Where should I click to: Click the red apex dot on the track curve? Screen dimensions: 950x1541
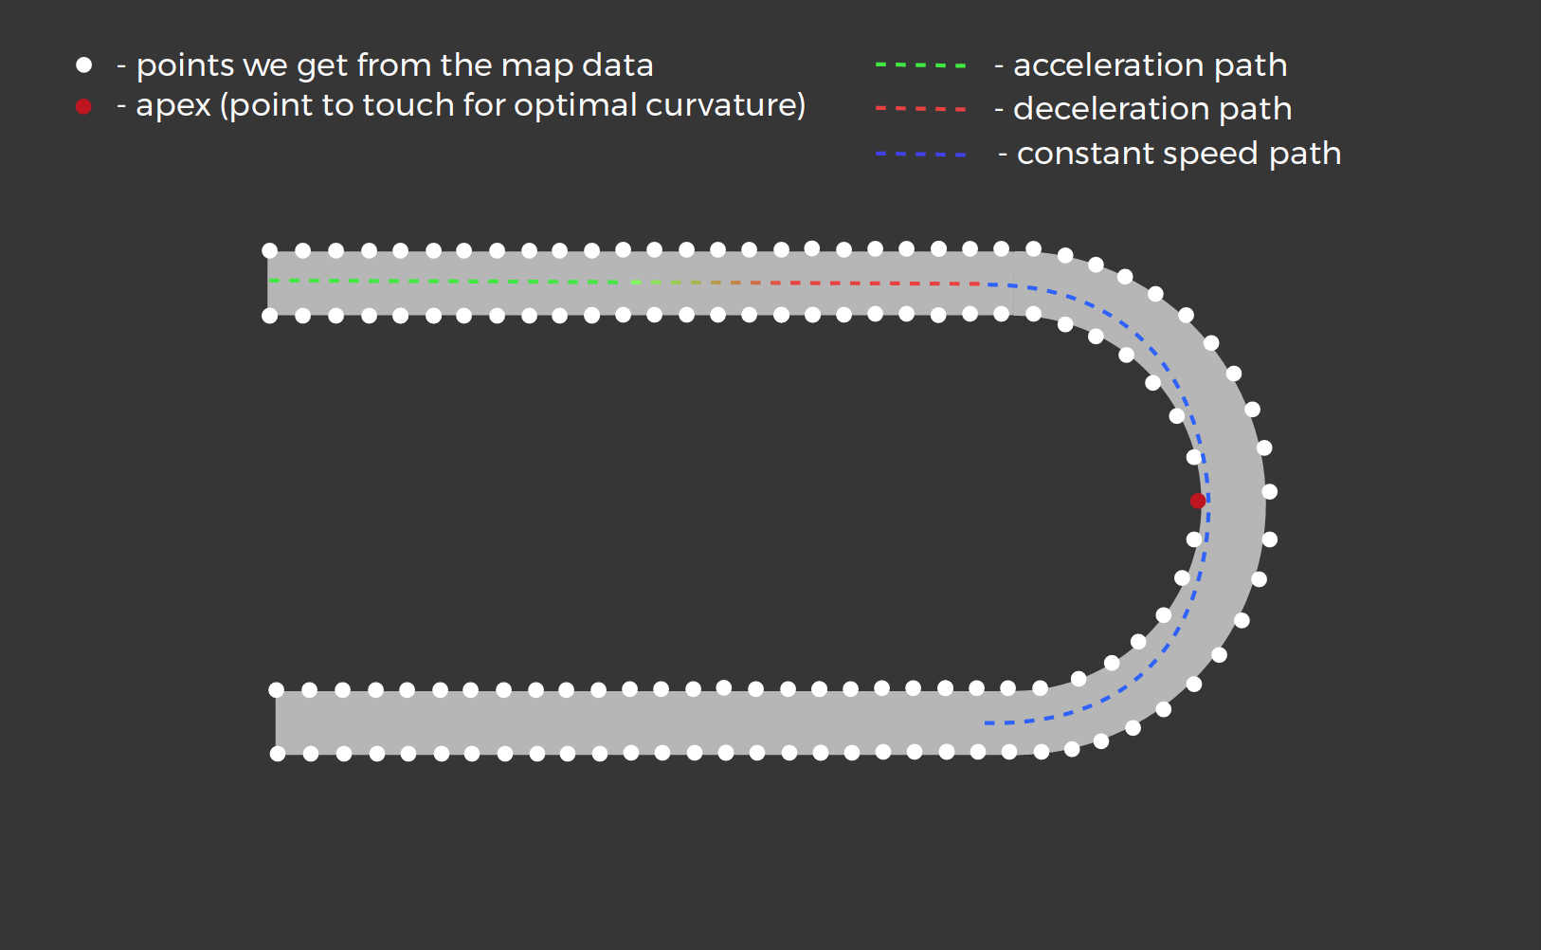pyautogui.click(x=1198, y=501)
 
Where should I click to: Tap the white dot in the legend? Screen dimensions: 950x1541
pyautogui.click(x=84, y=64)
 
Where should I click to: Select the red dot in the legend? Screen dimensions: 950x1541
pyautogui.click(x=83, y=106)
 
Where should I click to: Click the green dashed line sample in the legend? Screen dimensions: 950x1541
pyautogui.click(x=920, y=65)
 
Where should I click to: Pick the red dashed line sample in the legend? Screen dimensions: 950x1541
pyautogui.click(x=920, y=109)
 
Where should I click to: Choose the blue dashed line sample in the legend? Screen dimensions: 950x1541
pyautogui.click(x=920, y=154)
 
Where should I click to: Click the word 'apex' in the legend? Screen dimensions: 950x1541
pyautogui.click(x=173, y=106)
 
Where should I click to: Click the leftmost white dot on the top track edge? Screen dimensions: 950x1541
pyautogui.click(x=270, y=251)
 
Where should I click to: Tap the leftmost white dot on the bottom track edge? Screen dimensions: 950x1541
pyautogui.click(x=278, y=754)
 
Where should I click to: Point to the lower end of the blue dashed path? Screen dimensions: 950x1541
pyautogui.click(x=988, y=723)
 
